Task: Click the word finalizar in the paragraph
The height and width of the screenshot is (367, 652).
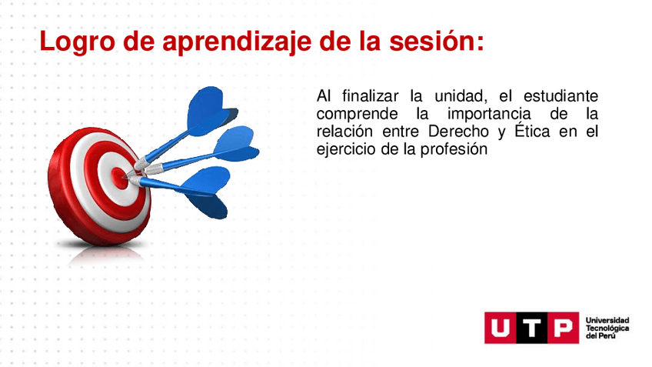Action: (370, 96)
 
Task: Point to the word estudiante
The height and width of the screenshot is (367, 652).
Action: (561, 96)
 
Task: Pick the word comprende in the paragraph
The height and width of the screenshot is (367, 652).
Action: (357, 115)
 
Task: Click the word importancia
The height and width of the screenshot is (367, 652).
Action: (489, 115)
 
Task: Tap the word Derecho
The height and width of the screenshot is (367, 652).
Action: (458, 132)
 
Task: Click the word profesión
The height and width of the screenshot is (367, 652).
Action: (454, 149)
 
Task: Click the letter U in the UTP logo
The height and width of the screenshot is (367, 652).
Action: (501, 329)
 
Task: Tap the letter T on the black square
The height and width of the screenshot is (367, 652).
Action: (531, 329)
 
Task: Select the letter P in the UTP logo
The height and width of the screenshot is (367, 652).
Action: (563, 329)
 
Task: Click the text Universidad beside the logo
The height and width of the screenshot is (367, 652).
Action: (607, 320)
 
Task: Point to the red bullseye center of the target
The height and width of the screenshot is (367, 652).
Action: (119, 178)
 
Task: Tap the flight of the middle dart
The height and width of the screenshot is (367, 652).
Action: (236, 144)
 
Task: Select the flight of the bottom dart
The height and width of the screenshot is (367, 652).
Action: (206, 192)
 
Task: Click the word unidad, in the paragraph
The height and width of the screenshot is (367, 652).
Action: (461, 96)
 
